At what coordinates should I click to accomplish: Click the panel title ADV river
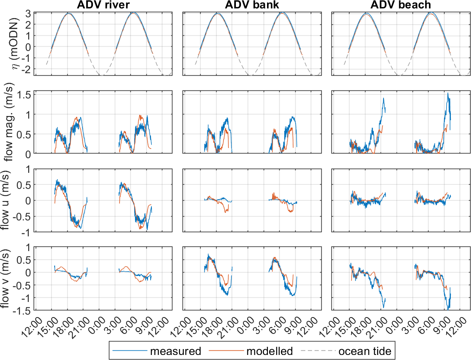point(103,5)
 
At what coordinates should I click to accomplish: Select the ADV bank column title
point(251,5)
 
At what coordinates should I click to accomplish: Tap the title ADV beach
point(400,5)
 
